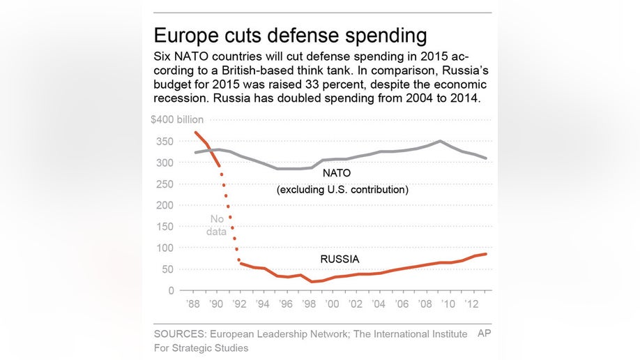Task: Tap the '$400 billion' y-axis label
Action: [x=177, y=119]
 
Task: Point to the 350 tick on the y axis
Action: [x=165, y=141]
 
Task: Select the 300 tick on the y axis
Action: [x=165, y=162]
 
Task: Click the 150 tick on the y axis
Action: [x=165, y=226]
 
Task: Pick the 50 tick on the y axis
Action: [x=167, y=269]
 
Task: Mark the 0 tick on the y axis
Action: [x=170, y=290]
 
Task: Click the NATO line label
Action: [x=337, y=172]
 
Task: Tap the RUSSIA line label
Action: [x=340, y=259]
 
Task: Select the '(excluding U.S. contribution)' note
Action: [x=342, y=189]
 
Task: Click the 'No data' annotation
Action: [x=216, y=225]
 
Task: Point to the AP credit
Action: [x=484, y=333]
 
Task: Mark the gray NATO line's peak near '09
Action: [x=441, y=141]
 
